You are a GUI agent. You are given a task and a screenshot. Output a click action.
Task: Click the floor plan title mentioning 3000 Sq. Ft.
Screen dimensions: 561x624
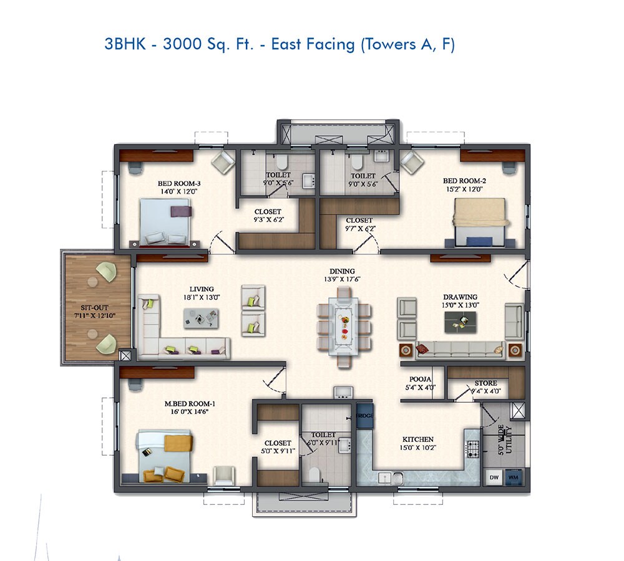click(x=280, y=45)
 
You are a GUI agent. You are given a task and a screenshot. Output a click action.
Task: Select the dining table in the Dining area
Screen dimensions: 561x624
click(x=343, y=325)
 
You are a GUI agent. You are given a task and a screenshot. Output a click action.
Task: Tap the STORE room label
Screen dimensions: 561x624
click(x=485, y=383)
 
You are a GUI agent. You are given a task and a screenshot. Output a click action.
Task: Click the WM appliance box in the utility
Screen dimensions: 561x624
click(x=514, y=477)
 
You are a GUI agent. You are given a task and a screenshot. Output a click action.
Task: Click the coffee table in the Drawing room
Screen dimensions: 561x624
click(x=461, y=321)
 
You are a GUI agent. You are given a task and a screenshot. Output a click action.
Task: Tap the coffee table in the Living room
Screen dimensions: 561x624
click(x=201, y=319)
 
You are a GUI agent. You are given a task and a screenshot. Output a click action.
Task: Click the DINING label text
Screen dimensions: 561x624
click(x=343, y=271)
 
